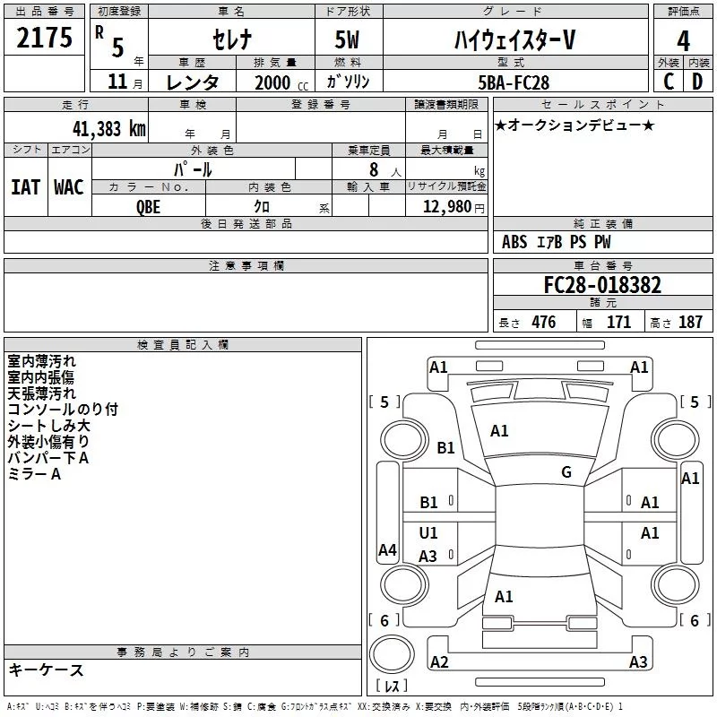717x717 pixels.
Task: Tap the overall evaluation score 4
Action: click(x=684, y=40)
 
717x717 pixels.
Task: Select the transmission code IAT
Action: click(x=25, y=186)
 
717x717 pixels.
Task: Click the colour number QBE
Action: click(x=149, y=206)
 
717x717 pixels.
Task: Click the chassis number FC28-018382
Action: click(x=602, y=285)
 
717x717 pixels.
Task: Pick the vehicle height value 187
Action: click(x=690, y=323)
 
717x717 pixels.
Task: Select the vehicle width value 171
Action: click(x=618, y=323)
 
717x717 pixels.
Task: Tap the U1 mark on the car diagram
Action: click(x=428, y=533)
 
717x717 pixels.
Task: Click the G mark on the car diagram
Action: click(x=566, y=472)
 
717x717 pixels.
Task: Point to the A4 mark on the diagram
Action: click(x=387, y=550)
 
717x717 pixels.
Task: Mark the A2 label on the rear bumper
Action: click(x=439, y=661)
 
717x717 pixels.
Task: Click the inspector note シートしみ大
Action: click(x=48, y=426)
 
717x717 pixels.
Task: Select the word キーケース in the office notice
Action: click(x=47, y=670)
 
